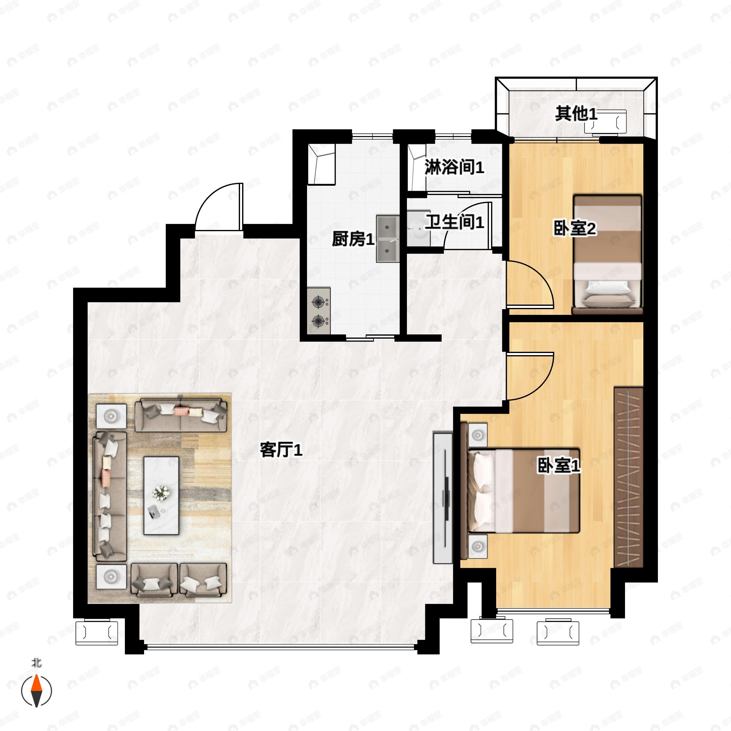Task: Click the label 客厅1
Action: coord(281,450)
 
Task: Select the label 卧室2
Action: coord(575,228)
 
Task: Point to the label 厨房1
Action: coord(353,239)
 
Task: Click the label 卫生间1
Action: coord(454,222)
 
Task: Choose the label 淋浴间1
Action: coord(454,167)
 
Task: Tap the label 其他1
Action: coord(576,114)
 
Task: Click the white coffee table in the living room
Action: coord(161,496)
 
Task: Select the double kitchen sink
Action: coord(387,239)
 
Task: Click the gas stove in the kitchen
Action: coord(319,311)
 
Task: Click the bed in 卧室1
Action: coord(524,491)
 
